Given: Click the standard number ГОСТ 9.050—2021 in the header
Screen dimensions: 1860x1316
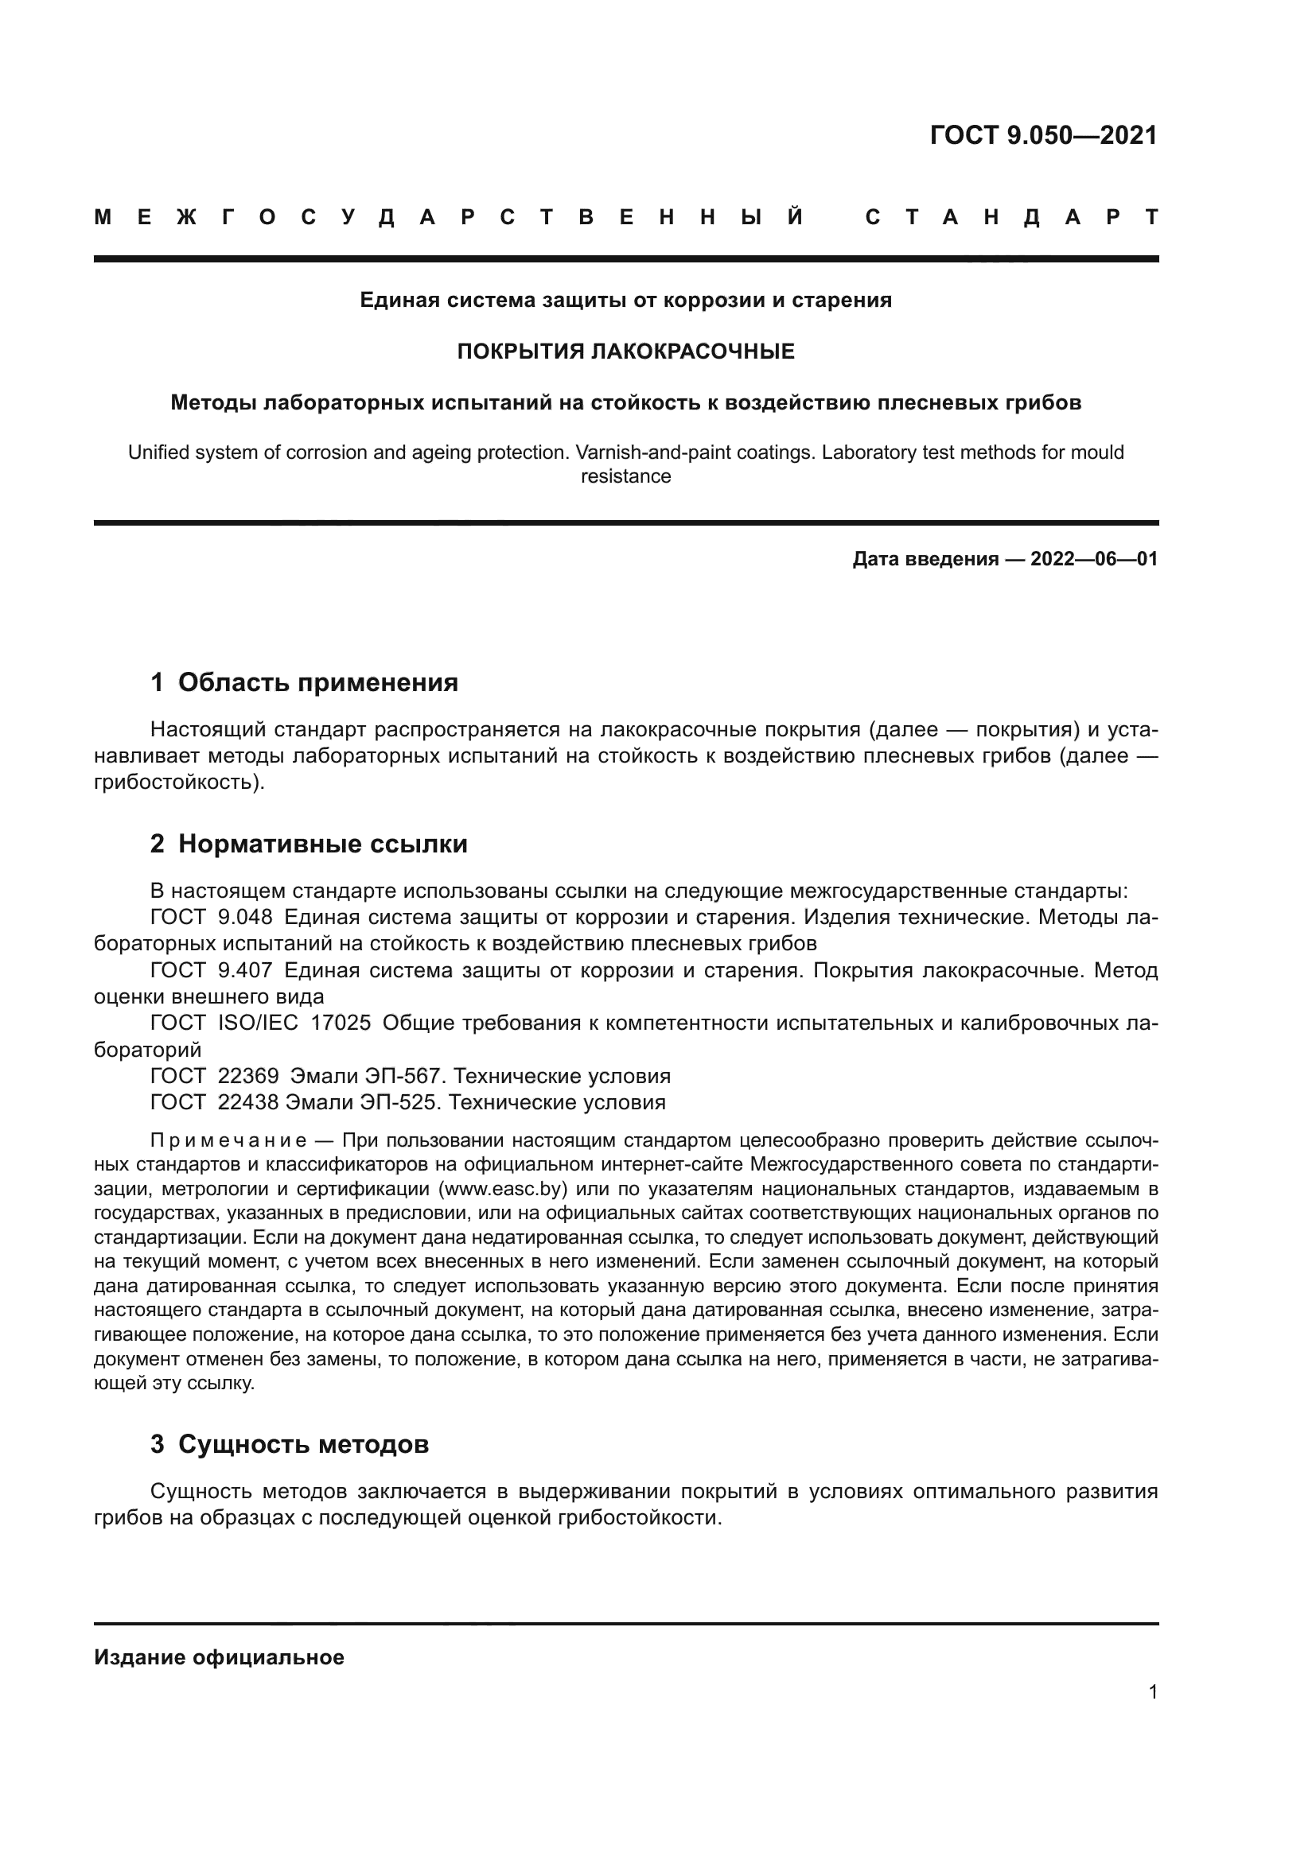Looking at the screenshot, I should coord(1043,135).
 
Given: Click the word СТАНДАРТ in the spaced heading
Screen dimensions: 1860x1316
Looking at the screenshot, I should coord(1011,217).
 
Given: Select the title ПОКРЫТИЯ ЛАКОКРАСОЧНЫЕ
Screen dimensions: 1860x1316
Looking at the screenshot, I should coord(625,351).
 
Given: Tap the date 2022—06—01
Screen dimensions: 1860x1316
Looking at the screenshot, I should coord(1094,559).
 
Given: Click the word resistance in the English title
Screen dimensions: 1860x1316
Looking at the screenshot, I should coord(625,476).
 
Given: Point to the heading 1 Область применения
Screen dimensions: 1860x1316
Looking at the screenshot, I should coord(304,682).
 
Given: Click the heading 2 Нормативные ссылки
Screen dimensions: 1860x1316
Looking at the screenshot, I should coord(309,845).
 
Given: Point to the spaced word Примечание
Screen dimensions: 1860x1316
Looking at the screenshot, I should coord(229,1140).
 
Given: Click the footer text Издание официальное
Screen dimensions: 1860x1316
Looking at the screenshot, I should coord(219,1657).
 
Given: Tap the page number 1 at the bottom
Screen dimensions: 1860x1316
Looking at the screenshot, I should coord(1152,1691).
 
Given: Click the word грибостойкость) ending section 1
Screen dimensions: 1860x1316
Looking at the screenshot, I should coord(179,782).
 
